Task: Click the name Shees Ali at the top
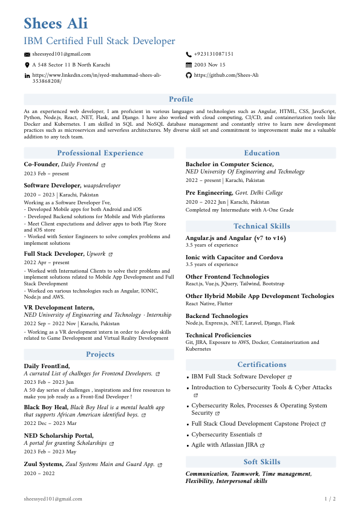point(56,24)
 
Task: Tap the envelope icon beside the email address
point(27,54)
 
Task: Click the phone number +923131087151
point(214,54)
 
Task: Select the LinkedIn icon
point(27,76)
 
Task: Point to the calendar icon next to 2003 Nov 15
point(189,65)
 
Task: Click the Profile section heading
point(181,99)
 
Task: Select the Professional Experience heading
point(100,153)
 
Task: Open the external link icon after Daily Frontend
point(103,164)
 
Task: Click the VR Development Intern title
point(54,307)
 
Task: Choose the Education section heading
point(261,153)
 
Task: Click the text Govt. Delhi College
point(259,193)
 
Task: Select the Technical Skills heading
point(261,226)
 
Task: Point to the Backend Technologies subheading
point(217,316)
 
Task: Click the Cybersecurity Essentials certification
point(223,435)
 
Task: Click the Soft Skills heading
point(261,462)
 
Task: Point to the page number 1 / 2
point(330,499)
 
